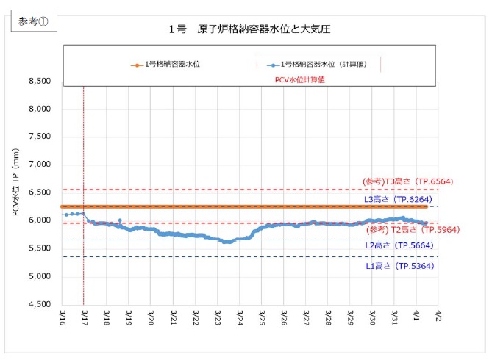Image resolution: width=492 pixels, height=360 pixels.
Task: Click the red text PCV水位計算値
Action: click(300, 79)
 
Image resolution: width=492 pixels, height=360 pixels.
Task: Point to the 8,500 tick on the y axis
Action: click(38, 82)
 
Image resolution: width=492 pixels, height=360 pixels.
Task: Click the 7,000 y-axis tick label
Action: click(38, 165)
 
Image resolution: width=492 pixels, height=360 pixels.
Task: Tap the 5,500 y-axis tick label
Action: click(38, 248)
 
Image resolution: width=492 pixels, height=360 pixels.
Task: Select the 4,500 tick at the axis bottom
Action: click(38, 304)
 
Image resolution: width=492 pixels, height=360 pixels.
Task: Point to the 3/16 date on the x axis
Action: click(63, 318)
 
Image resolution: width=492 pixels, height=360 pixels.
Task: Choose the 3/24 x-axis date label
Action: click(240, 318)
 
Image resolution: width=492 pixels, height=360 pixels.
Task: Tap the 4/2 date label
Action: click(439, 318)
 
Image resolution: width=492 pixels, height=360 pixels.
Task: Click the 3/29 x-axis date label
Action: click(351, 318)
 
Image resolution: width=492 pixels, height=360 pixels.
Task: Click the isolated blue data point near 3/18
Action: click(120, 220)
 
